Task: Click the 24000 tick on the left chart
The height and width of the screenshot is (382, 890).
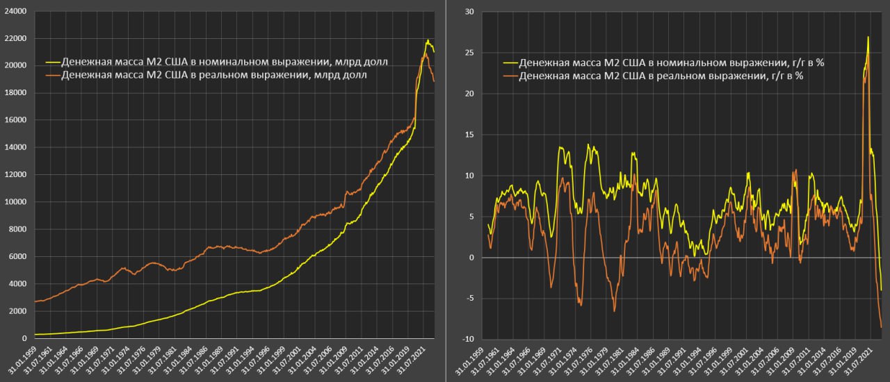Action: point(14,11)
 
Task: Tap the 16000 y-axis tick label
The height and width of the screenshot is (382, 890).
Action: point(14,120)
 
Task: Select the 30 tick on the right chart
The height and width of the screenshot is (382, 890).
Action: point(469,12)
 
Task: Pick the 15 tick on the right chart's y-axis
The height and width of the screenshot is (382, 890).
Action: point(469,135)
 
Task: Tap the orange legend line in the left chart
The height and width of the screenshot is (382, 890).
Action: point(52,76)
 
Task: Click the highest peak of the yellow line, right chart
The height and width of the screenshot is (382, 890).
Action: point(868,37)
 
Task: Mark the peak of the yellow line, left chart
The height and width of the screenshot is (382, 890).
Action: point(428,40)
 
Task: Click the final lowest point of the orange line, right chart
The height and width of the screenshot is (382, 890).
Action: point(882,327)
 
